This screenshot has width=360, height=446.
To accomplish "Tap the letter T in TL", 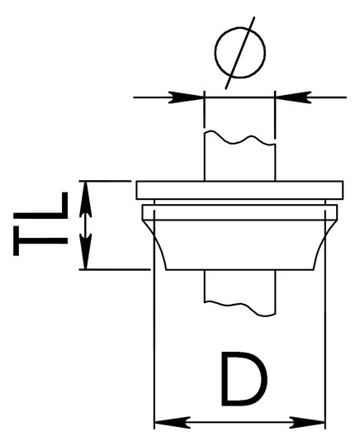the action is (40, 240).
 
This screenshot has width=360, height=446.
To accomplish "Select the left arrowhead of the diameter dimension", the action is (187, 97).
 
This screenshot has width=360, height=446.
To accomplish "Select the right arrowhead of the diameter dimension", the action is (293, 97).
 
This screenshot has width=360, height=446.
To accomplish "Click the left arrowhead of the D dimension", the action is (172, 422).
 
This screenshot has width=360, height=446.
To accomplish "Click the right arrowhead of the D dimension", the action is (307, 422).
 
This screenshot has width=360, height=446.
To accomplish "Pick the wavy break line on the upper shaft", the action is (239, 140).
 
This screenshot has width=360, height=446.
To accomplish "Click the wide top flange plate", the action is (239, 190).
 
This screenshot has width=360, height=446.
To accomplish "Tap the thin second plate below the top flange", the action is (239, 212).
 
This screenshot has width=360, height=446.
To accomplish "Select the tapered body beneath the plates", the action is (239, 244).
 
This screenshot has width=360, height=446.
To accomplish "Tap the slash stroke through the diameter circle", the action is (240, 53).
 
